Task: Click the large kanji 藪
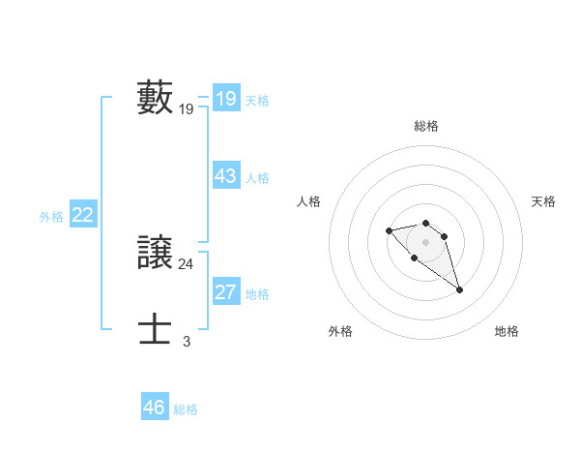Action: pos(156,98)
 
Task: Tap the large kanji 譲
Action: pos(156,253)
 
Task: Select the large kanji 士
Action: pos(156,330)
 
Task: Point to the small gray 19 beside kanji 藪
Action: pos(187,109)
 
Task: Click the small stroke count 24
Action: pos(187,264)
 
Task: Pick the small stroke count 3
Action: pos(187,342)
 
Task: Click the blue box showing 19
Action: pos(226,98)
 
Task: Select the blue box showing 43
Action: pos(226,176)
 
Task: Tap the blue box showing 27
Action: pos(226,292)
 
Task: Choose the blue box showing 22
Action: pos(82,215)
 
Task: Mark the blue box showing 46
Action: pos(155,408)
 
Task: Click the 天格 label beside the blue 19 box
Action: pos(257,100)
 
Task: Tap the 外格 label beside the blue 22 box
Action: pos(51,217)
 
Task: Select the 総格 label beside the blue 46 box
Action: pos(186,409)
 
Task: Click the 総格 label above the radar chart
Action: pos(426,126)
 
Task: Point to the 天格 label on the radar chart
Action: pos(543,201)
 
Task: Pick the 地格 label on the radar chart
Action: pos(507,331)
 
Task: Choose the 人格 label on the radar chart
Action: pos(309,201)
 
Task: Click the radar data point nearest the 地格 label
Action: pos(459,289)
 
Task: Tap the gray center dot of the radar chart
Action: pos(426,241)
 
